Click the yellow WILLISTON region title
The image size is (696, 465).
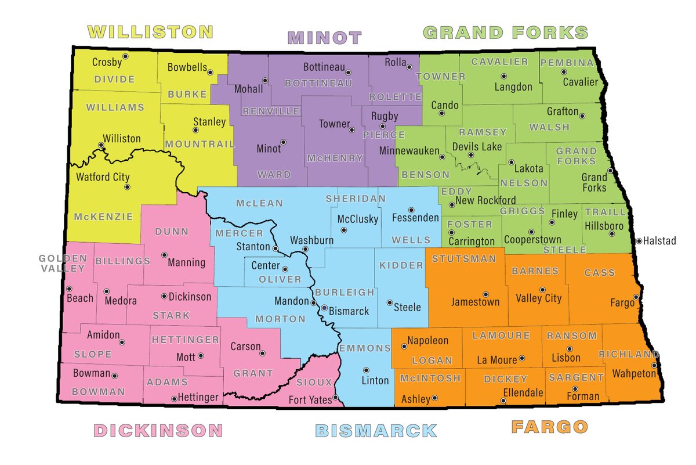pos(150,31)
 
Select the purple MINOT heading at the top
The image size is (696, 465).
pos(325,38)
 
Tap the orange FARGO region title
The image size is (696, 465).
pos(549,427)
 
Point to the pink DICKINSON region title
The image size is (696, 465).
pos(158,430)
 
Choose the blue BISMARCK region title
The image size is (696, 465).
pos(376,430)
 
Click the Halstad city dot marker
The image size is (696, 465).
pos(639,240)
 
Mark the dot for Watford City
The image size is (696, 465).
pos(127,187)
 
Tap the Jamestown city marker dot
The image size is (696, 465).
pos(485,294)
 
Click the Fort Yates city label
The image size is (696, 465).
pos(310,400)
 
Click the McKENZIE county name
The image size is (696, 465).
pos(103,217)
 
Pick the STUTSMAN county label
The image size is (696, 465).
pos(464,258)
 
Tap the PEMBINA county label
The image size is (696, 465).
pos(567,62)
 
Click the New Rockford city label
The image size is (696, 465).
pos(485,200)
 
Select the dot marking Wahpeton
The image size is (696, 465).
pos(654,366)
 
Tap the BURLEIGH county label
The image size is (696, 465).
pos(345,293)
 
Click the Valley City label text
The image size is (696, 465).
pos(538,298)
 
